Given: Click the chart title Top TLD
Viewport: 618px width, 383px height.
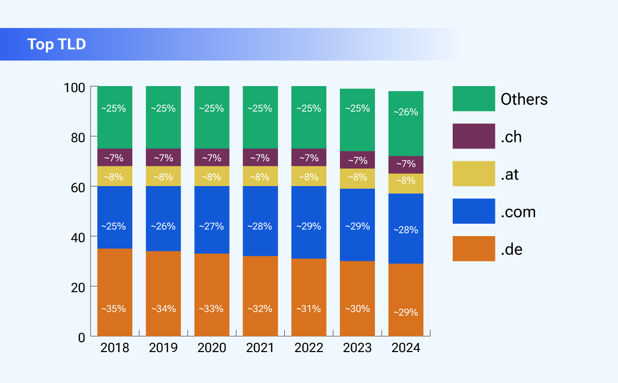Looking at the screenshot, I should pos(57,44).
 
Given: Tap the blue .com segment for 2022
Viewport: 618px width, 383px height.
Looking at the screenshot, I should pos(309,222).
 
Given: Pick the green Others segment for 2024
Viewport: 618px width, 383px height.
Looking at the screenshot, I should pos(406,124).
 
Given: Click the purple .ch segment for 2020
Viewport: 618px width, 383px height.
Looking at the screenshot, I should pos(212,157).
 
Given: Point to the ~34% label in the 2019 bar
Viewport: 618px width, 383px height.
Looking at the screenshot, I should pos(163,309).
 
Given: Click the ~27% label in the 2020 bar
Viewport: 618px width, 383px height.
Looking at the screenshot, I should pos(212,226).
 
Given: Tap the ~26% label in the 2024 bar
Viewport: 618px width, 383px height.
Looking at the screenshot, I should pos(406,112).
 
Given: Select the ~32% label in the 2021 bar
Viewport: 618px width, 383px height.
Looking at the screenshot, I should pos(260,309).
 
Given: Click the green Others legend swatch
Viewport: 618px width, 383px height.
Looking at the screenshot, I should pos(473,98).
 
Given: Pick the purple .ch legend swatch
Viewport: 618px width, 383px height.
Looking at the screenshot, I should pos(473,136).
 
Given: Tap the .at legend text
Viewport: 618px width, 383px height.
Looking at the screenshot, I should pos(509,175).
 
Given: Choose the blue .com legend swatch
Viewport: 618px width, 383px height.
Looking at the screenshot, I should pos(473,211).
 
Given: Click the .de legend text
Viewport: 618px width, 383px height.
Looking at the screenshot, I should pos(511,249).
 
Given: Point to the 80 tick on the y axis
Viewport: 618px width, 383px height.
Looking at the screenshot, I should pos(77,137).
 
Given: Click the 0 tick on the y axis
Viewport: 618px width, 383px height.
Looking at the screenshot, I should pos(81,337).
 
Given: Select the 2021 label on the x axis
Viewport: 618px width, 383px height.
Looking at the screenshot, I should pos(260,348).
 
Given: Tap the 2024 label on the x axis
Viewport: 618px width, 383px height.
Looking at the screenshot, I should pos(406,348).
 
